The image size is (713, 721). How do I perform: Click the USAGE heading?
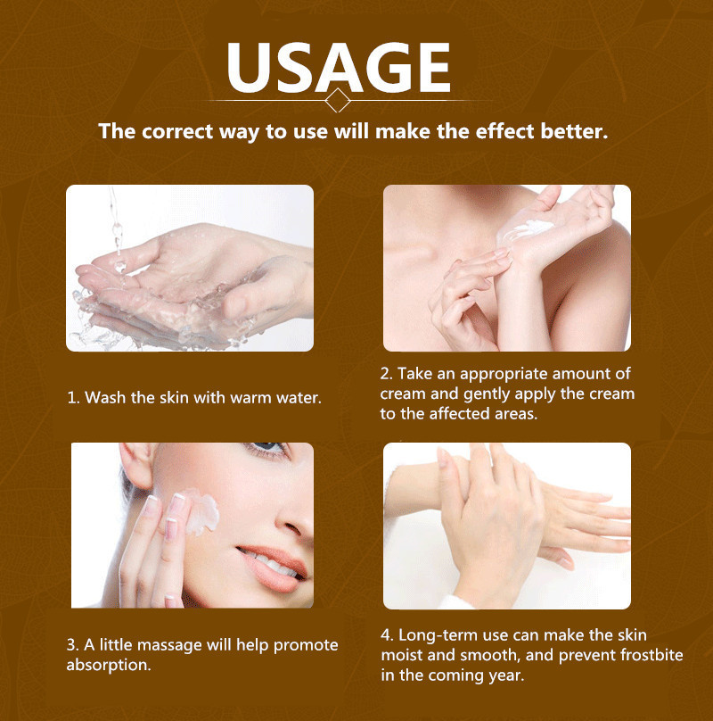pyautogui.click(x=338, y=68)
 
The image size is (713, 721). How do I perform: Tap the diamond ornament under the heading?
pyautogui.click(x=338, y=100)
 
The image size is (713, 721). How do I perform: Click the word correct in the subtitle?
pyautogui.click(x=177, y=131)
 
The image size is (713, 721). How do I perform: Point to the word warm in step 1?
pyautogui.click(x=250, y=398)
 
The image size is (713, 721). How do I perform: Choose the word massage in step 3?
pyautogui.click(x=169, y=645)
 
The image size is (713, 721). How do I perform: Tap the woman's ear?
pyautogui.click(x=136, y=464)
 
